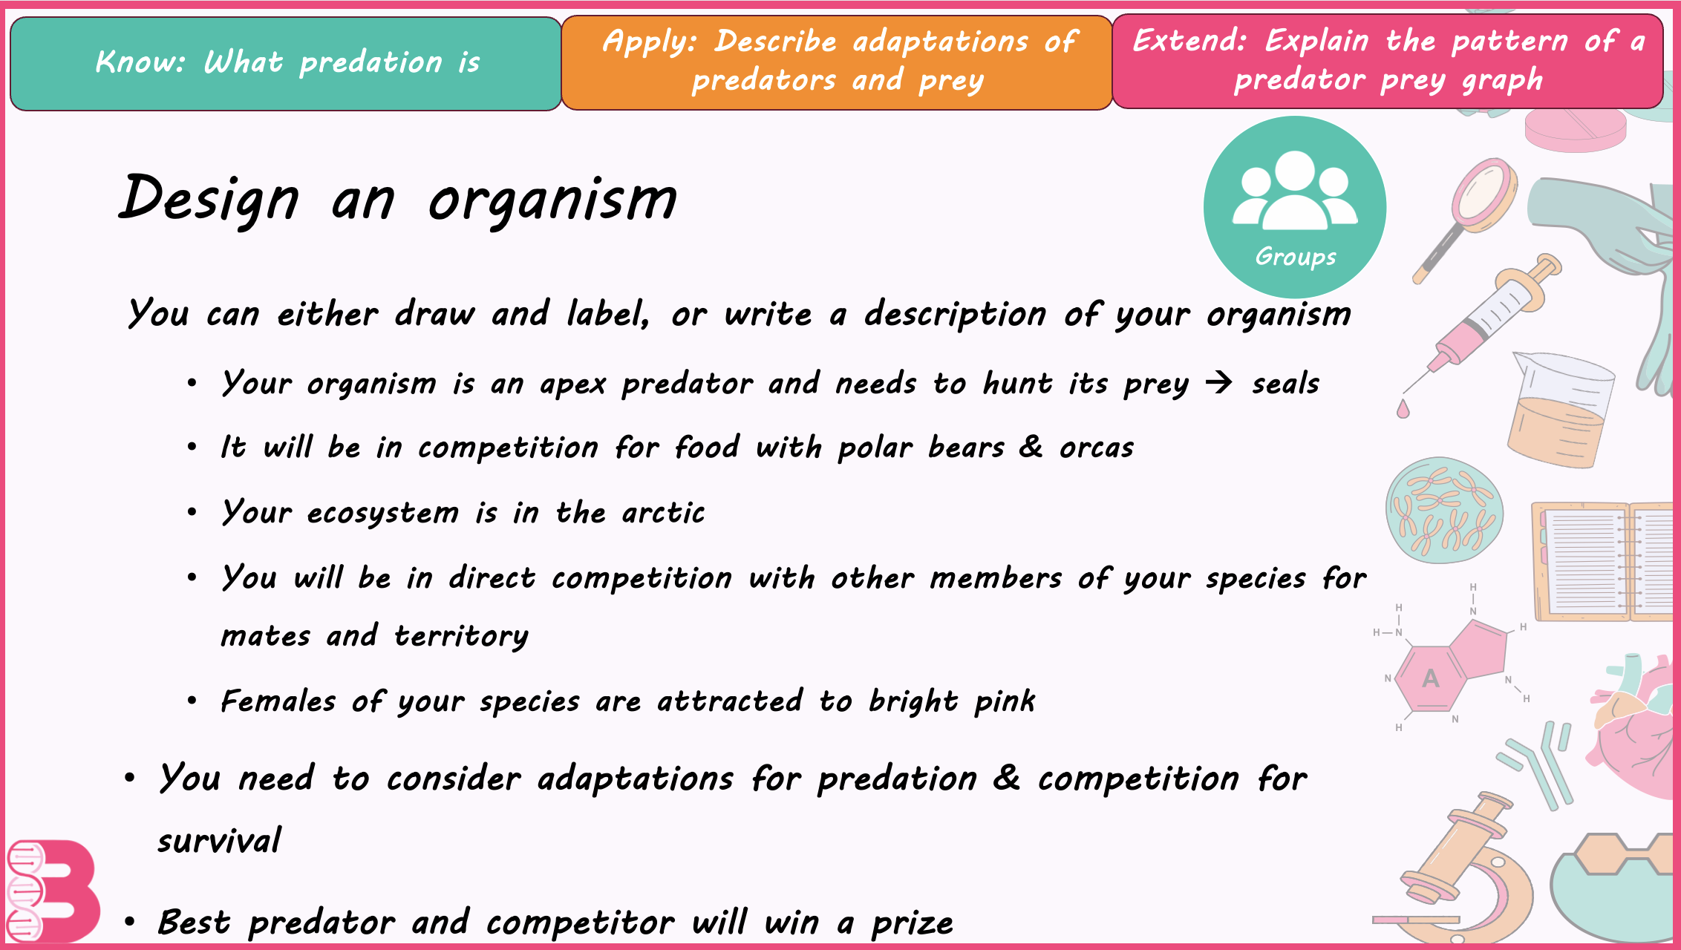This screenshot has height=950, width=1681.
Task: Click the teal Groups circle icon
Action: click(x=1295, y=207)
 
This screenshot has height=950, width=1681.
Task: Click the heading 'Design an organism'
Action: click(x=398, y=199)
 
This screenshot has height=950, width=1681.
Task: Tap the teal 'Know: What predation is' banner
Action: click(x=286, y=64)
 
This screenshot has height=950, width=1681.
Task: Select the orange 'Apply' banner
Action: click(x=837, y=63)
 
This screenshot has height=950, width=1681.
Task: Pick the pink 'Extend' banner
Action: click(x=1388, y=62)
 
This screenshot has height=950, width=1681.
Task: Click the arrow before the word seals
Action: click(x=1218, y=383)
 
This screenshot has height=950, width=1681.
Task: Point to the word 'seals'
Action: click(x=1285, y=384)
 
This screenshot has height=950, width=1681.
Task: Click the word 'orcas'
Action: click(x=1097, y=448)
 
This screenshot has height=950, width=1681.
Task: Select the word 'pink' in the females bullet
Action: click(x=1005, y=701)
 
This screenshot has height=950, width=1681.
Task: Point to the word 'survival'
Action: click(x=219, y=841)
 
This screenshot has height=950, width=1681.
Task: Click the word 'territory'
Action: click(x=461, y=636)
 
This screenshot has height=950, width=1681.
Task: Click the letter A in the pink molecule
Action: click(x=1431, y=678)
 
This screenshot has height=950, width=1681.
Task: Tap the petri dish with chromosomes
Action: click(x=1444, y=510)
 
